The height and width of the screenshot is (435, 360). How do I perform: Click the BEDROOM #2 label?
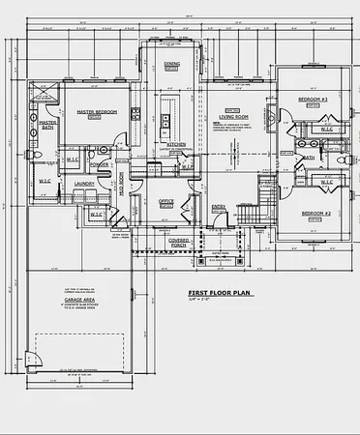pyautogui.click(x=315, y=213)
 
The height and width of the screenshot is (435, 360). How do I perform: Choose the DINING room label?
pyautogui.click(x=171, y=64)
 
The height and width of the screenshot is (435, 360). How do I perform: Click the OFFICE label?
pyautogui.click(x=165, y=200)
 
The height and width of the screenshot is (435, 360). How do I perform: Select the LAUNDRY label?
pyautogui.click(x=83, y=183)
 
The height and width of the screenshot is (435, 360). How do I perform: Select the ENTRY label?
pyautogui.click(x=219, y=205)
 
